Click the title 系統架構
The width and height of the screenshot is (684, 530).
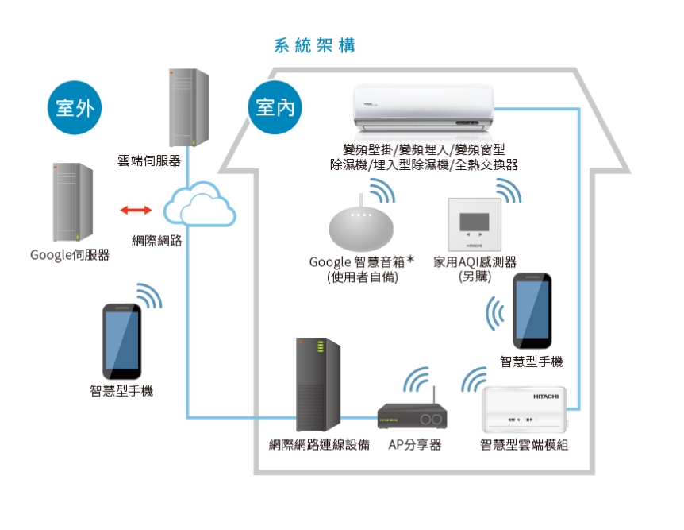(x=314, y=45)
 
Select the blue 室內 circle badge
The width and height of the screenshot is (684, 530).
(x=275, y=106)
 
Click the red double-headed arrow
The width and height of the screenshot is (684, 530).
(x=136, y=211)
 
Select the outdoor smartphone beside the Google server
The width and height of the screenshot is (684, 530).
(x=123, y=341)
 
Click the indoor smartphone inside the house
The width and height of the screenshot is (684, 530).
(x=532, y=311)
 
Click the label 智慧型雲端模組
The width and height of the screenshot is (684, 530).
(x=524, y=445)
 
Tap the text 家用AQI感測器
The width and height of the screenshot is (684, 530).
(x=475, y=262)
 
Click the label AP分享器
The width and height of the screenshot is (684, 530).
(x=414, y=445)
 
